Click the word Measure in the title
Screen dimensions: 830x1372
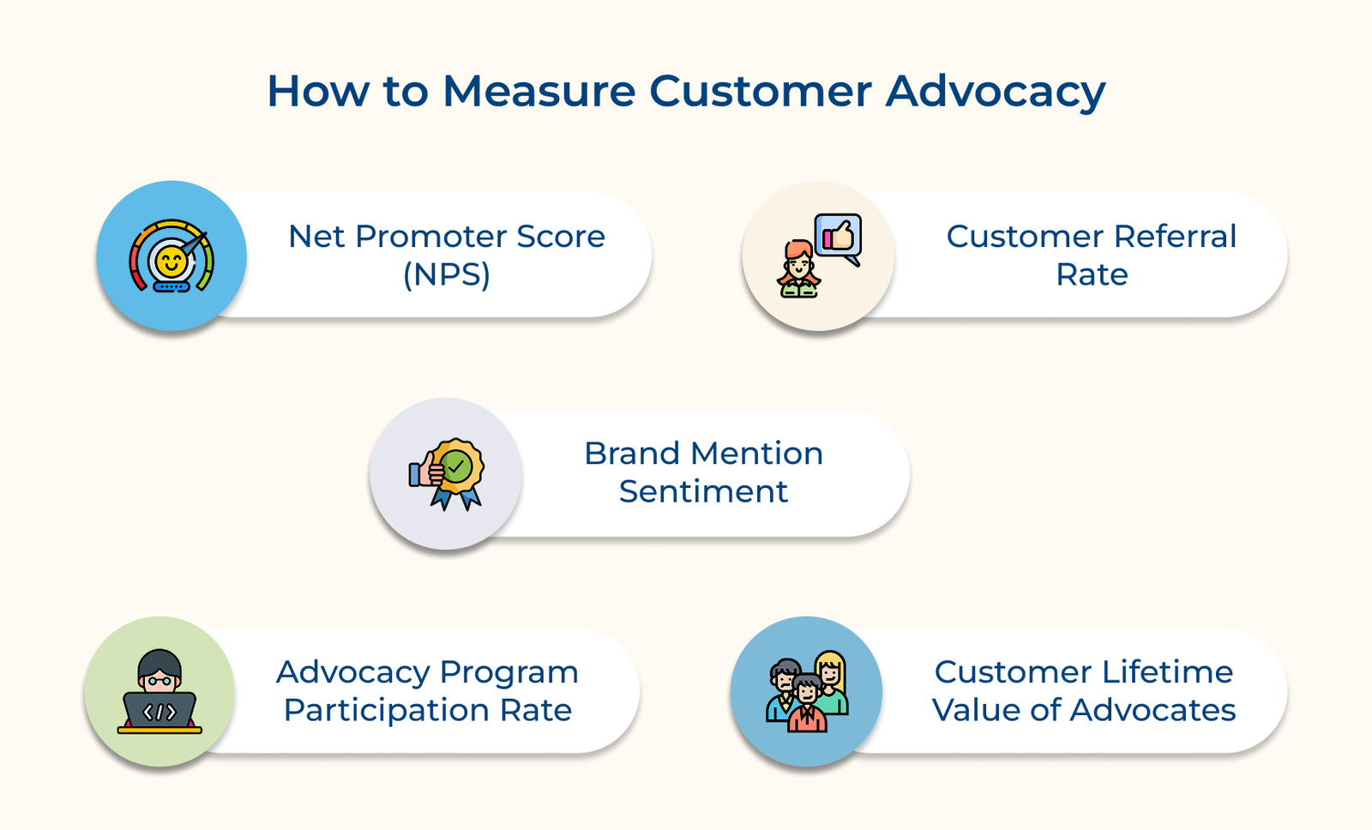539,91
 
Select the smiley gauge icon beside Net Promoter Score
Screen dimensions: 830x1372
171,256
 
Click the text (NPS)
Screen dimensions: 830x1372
447,275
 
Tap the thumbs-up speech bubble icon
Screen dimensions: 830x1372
838,237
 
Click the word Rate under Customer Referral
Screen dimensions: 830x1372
1092,275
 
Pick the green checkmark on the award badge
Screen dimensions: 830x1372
457,467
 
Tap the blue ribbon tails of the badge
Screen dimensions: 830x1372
456,498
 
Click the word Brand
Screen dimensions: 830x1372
632,454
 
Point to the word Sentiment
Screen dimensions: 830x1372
703,492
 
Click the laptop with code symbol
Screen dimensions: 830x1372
159,712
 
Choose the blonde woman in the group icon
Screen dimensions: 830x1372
830,673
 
